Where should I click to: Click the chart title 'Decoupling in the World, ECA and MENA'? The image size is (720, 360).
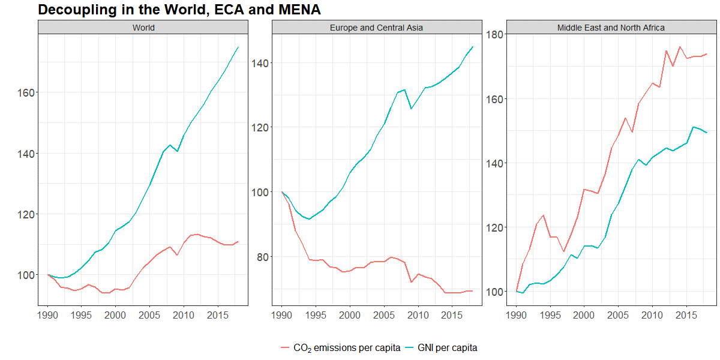(x=179, y=10)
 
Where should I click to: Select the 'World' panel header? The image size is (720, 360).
(x=143, y=28)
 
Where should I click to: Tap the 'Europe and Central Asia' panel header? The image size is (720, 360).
(x=377, y=28)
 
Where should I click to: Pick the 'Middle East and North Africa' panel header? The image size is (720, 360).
(x=611, y=28)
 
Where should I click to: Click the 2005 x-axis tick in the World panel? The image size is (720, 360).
(x=149, y=314)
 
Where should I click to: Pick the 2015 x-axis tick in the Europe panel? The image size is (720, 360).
(x=452, y=314)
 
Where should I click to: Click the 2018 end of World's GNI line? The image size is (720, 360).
(x=238, y=47)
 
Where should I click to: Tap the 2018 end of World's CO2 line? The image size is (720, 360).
(x=238, y=242)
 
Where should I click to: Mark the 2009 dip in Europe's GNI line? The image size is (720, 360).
(x=411, y=109)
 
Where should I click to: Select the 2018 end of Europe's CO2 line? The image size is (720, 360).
(x=472, y=291)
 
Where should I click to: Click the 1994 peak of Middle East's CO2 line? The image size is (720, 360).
(x=543, y=215)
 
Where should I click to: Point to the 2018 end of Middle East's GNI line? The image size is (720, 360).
(x=706, y=133)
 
